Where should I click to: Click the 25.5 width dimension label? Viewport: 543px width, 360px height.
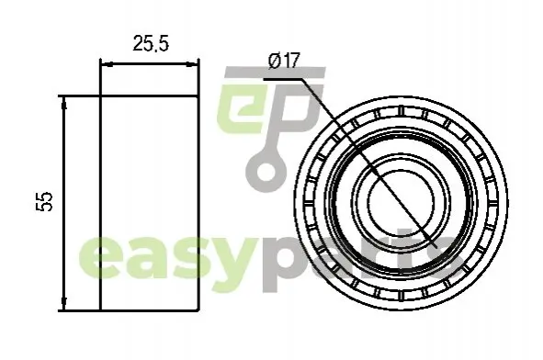point(151,44)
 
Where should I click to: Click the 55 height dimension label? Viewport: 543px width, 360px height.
point(44,201)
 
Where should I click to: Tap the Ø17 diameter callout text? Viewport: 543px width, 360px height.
point(283,61)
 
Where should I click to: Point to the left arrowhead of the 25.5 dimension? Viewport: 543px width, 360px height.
point(107,64)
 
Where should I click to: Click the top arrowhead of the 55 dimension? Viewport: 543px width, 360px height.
point(63,103)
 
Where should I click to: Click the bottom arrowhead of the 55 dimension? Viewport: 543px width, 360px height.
point(63,304)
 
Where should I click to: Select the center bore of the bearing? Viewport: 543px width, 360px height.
point(401,202)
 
